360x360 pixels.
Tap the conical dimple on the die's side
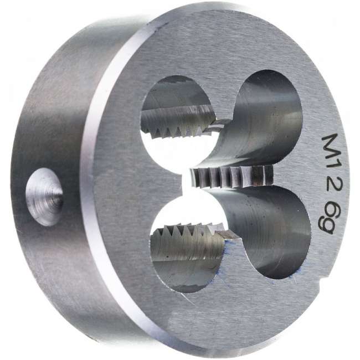tap(44, 197)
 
